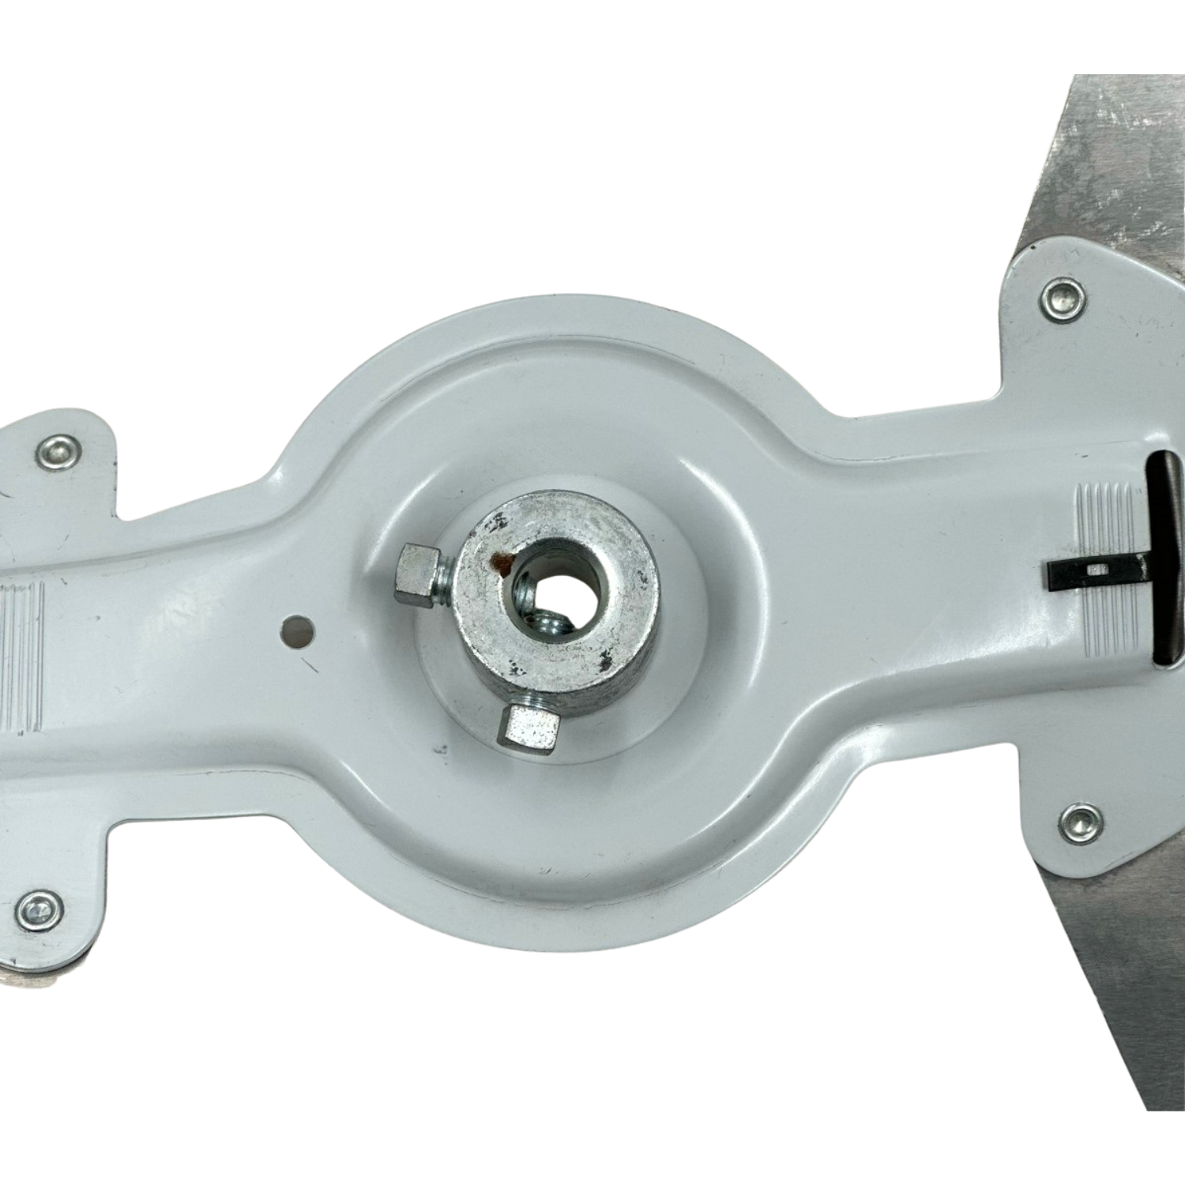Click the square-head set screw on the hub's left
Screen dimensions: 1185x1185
[x=416, y=566]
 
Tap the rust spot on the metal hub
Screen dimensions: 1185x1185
[x=500, y=562]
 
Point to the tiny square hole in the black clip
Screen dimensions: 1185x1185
[x=1094, y=569]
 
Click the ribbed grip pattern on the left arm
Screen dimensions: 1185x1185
[x=24, y=648]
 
